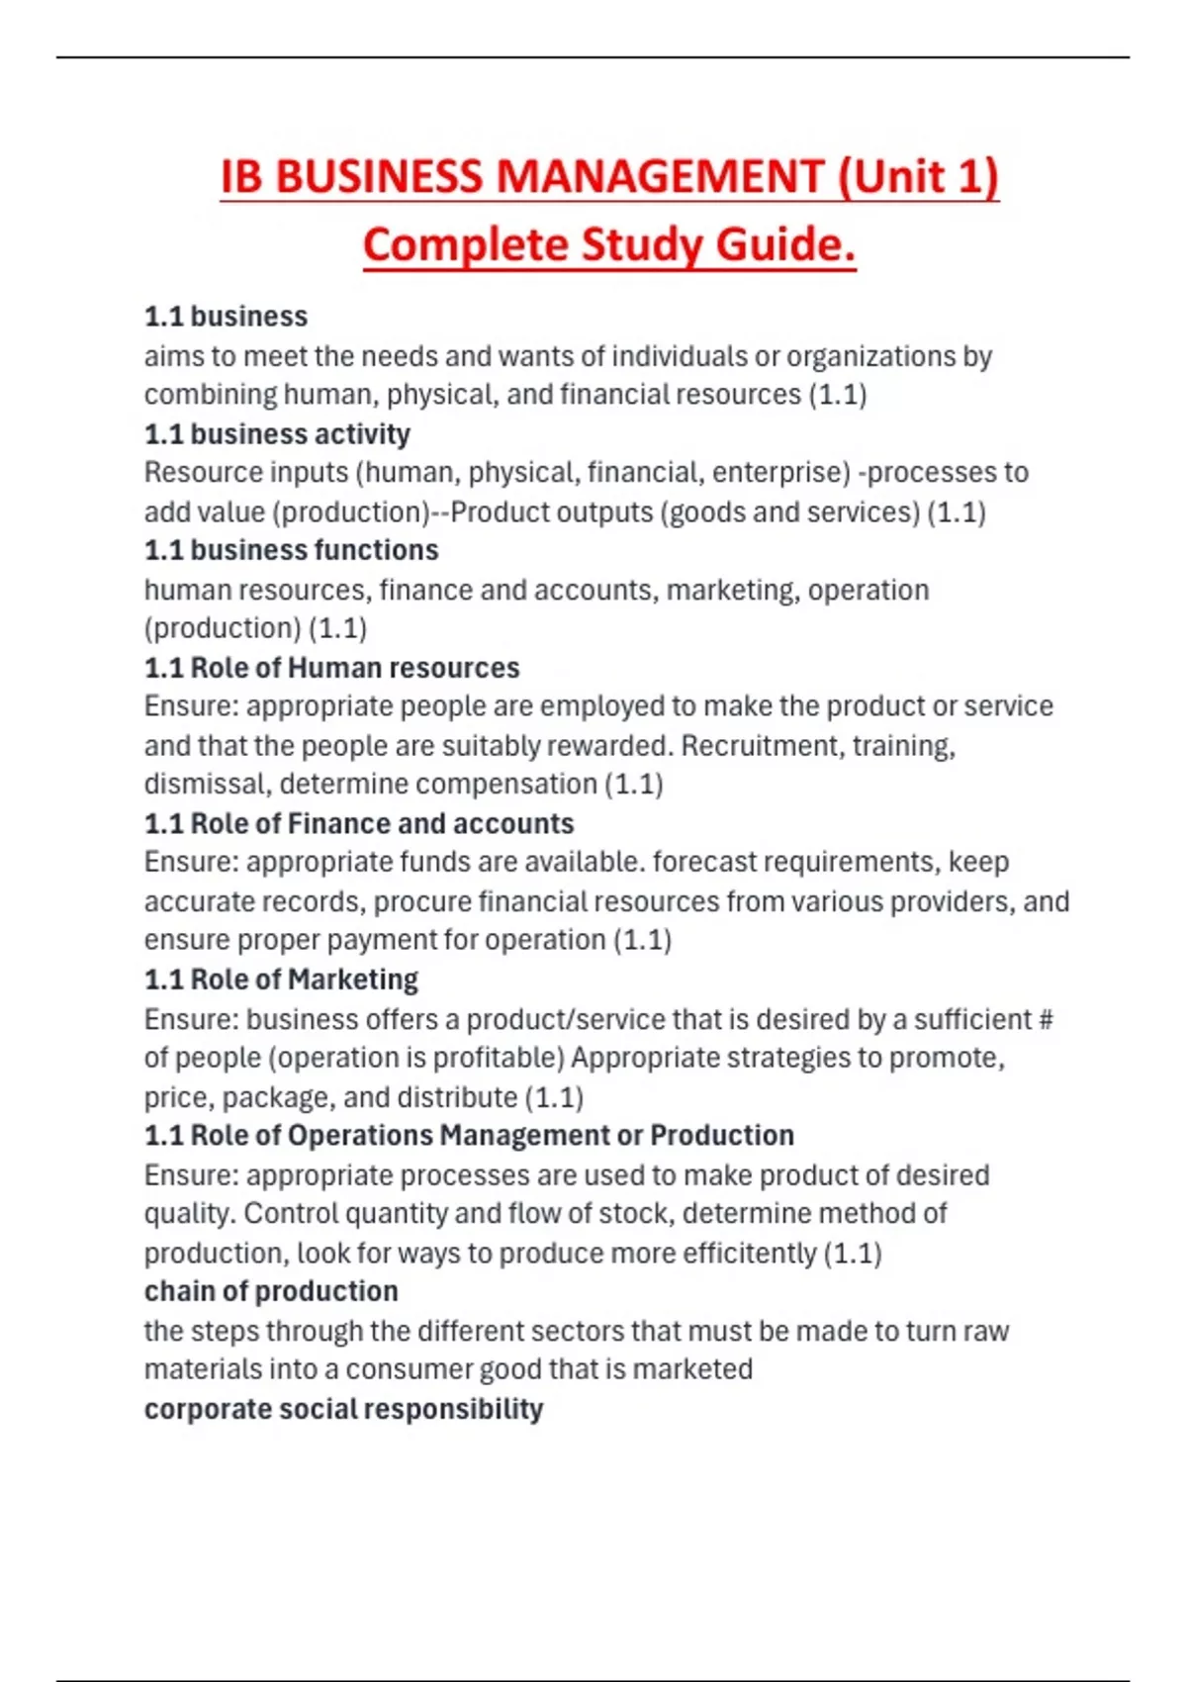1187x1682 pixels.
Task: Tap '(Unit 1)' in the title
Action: click(919, 178)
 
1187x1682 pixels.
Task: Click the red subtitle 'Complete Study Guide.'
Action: click(608, 245)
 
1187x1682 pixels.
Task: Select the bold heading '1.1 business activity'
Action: click(277, 434)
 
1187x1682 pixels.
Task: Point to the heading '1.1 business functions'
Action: click(291, 550)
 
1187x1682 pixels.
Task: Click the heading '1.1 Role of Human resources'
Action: click(331, 668)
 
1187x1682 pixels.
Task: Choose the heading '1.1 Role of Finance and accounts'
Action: click(358, 823)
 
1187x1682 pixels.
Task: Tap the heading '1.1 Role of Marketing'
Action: click(281, 980)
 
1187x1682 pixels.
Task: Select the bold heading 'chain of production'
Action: click(271, 1291)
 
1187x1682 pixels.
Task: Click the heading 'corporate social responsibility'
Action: click(343, 1409)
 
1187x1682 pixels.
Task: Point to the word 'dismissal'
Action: click(207, 784)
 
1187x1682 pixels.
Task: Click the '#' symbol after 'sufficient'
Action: click(1046, 1019)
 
